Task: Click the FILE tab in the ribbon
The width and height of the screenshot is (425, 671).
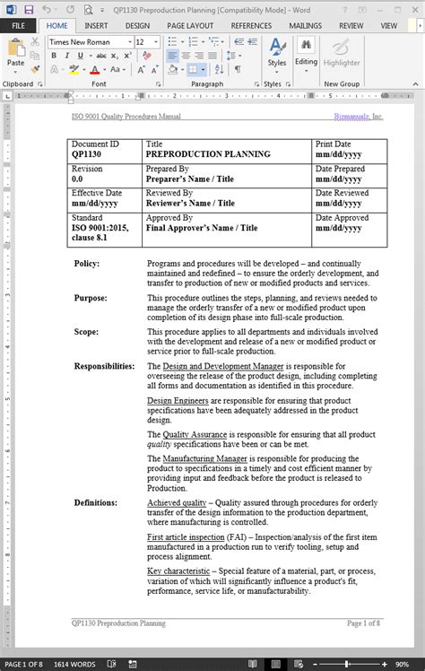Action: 18,26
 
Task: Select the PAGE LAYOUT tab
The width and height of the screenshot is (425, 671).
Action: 190,26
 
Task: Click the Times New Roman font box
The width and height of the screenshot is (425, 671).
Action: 86,41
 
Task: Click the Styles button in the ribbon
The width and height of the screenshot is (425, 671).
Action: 277,56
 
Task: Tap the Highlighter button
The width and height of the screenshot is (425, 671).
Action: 341,56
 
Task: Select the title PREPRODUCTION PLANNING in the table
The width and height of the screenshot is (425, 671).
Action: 208,154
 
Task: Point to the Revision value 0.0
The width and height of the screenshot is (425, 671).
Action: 77,179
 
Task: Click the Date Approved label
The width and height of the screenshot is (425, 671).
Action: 342,218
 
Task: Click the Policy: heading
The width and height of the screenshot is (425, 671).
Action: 87,264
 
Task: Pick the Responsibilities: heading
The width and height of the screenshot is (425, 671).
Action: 104,366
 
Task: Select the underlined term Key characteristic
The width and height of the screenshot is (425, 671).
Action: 178,571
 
